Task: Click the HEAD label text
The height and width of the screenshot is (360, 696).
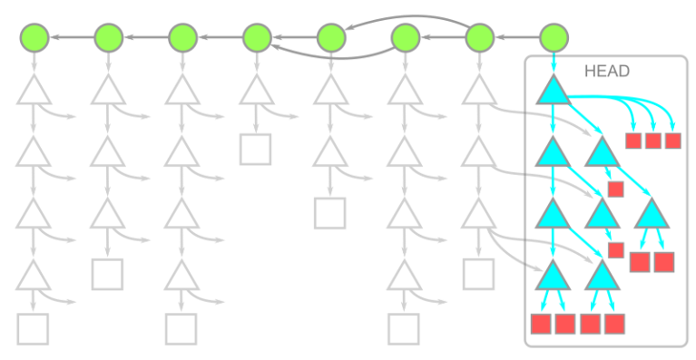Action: coord(608,71)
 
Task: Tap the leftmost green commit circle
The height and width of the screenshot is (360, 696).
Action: coord(34,37)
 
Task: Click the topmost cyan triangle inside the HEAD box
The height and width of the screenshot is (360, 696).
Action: coord(553,92)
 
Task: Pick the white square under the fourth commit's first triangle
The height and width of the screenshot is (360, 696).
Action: coord(256,149)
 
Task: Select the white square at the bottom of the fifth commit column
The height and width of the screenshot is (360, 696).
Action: coord(330,212)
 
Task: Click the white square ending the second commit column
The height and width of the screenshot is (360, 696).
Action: coord(107,274)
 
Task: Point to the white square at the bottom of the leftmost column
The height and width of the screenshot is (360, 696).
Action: coord(34,328)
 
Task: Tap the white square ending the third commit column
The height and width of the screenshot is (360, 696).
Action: coord(181,328)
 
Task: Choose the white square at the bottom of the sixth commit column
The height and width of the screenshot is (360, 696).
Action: coord(404,328)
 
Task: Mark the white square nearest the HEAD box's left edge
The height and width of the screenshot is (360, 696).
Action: coord(478,274)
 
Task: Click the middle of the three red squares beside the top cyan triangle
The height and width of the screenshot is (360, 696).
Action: coord(652,140)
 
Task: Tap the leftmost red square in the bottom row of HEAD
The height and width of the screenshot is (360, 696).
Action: coord(541,325)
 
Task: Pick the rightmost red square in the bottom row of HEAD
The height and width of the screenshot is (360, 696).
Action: coord(614,325)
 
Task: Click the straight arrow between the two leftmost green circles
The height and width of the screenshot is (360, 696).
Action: coord(71,37)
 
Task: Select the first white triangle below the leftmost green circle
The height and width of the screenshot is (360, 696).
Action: coord(34,92)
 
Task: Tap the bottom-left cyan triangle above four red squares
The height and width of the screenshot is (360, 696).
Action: coord(553,275)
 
